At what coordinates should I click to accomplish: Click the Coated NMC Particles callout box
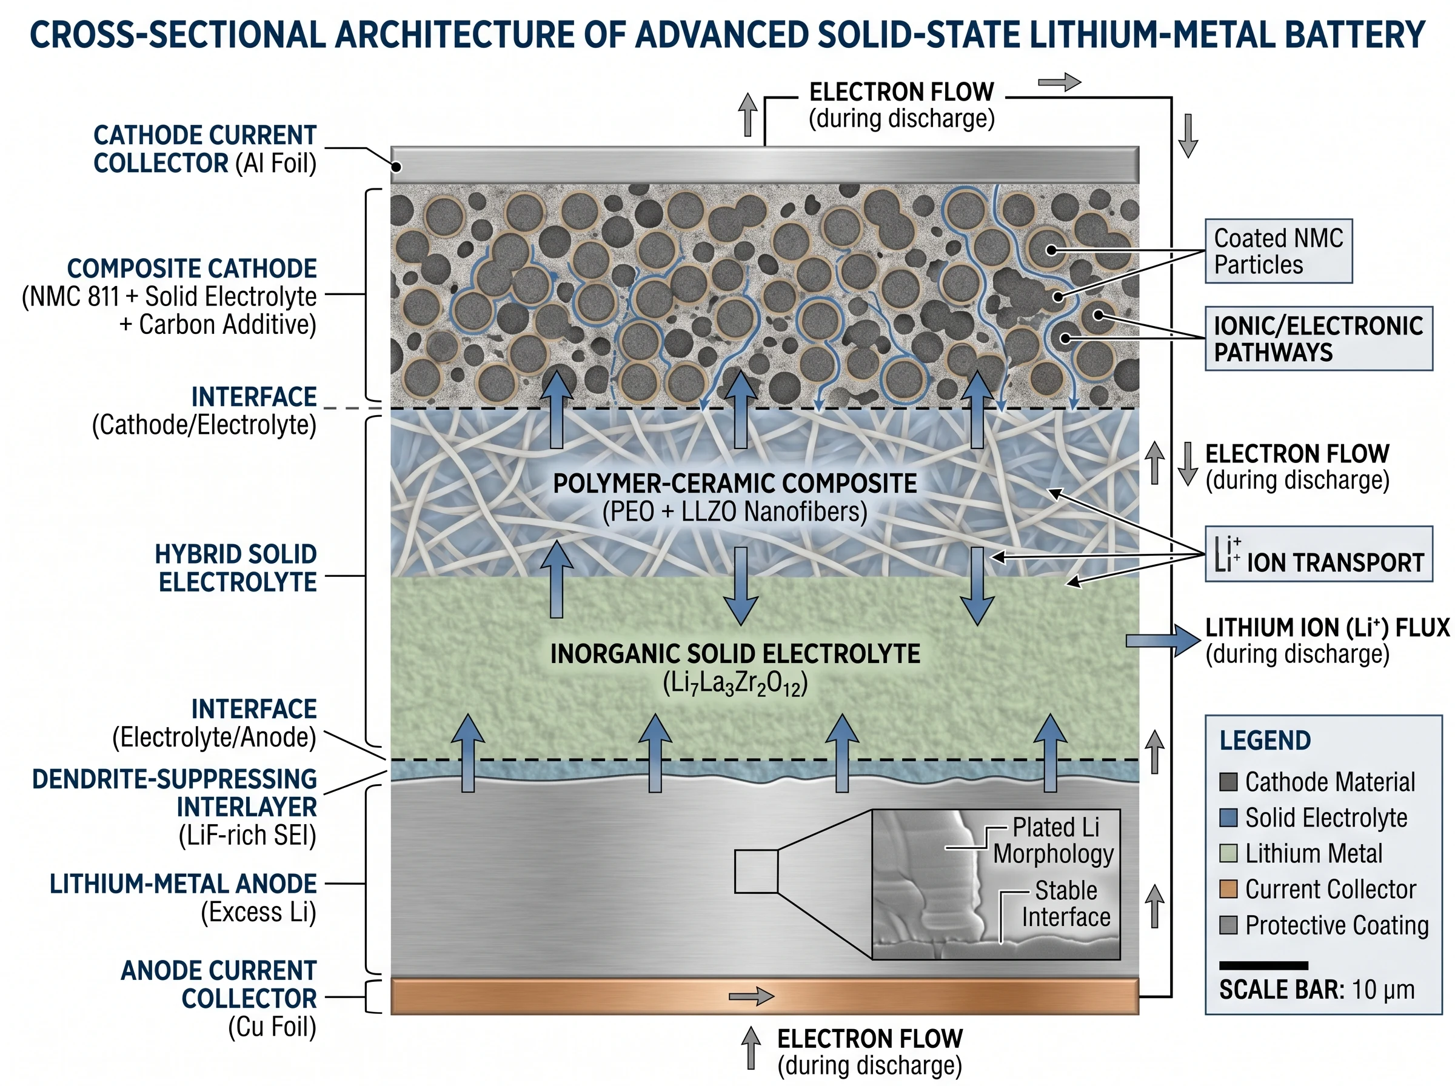[x=1277, y=251]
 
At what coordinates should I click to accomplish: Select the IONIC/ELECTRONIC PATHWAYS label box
[x=1317, y=339]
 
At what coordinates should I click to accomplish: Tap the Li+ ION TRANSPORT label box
[x=1317, y=554]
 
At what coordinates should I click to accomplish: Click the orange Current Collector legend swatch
[x=1228, y=889]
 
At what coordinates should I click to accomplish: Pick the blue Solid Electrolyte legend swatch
[x=1228, y=817]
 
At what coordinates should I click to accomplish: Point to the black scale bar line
[x=1263, y=965]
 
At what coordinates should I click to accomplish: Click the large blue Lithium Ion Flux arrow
[x=1162, y=641]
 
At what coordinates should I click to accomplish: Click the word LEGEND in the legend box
[x=1264, y=741]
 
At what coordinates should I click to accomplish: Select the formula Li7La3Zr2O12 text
[x=734, y=684]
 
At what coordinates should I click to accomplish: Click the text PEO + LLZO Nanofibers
[x=734, y=512]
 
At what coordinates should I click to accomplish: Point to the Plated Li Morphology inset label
[x=1053, y=840]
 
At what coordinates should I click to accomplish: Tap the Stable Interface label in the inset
[x=1065, y=904]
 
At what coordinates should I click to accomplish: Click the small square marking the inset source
[x=756, y=871]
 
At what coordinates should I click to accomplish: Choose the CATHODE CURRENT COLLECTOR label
[x=204, y=149]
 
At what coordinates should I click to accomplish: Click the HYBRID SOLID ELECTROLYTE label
[x=236, y=568]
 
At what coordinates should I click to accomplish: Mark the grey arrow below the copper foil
[x=750, y=1049]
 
